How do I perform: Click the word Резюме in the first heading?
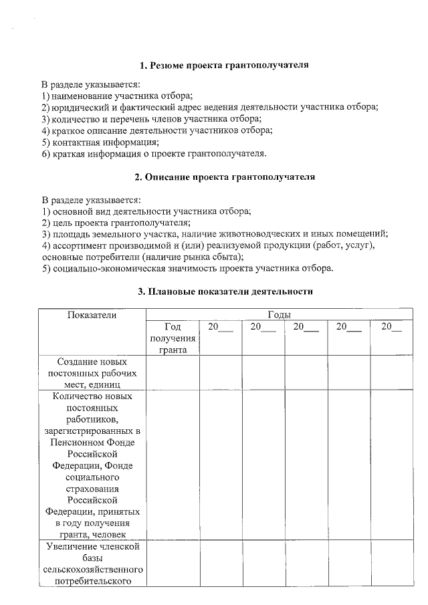[x=169, y=66]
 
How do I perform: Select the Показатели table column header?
[x=92, y=314]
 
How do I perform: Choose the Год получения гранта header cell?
[x=172, y=338]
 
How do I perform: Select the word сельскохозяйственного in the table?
[x=92, y=570]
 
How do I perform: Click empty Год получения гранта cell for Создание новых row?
[x=172, y=373]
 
